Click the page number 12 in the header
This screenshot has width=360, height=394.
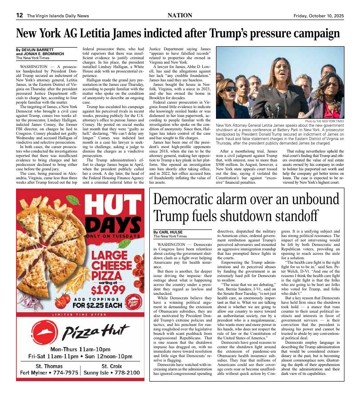pyautogui.click(x=20, y=15)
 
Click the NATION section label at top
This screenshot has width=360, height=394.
pyautogui.click(x=180, y=15)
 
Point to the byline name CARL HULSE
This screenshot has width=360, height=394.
pyautogui.click(x=169, y=232)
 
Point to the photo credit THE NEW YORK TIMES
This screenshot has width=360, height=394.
pyautogui.click(x=324, y=121)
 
